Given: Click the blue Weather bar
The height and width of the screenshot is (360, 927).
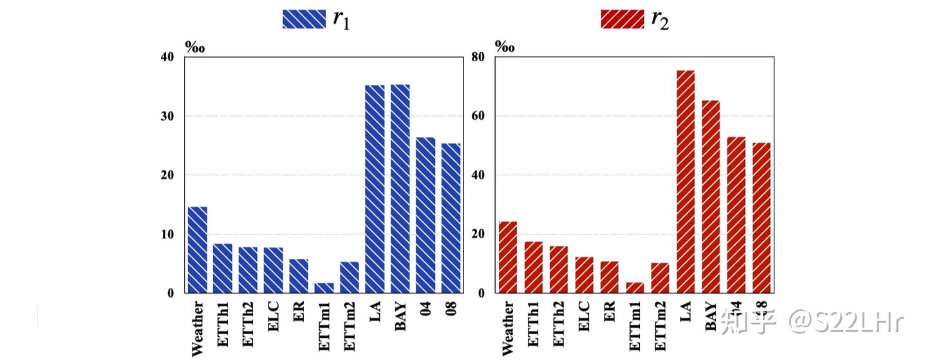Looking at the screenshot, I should tap(198, 250).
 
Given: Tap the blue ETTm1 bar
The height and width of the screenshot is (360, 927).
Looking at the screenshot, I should tap(324, 288).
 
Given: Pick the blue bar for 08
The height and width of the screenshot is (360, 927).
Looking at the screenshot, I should tap(451, 218).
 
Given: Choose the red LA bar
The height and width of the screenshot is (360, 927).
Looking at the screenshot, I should tap(686, 182).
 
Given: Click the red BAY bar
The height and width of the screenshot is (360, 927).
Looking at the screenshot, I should tap(711, 197).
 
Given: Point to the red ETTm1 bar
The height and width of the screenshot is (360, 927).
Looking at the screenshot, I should tap(635, 288).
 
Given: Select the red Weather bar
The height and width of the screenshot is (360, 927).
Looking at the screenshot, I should tap(508, 258).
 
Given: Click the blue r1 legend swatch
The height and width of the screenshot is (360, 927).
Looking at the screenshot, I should tap(304, 19).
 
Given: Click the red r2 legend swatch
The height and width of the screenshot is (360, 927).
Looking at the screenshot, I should tap(622, 19).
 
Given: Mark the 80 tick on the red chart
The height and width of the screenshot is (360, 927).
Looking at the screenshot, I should tap(479, 57).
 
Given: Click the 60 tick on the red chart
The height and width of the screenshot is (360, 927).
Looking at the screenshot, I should tap(479, 117).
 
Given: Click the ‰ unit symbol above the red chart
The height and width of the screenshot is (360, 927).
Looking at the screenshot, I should tap(505, 46).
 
